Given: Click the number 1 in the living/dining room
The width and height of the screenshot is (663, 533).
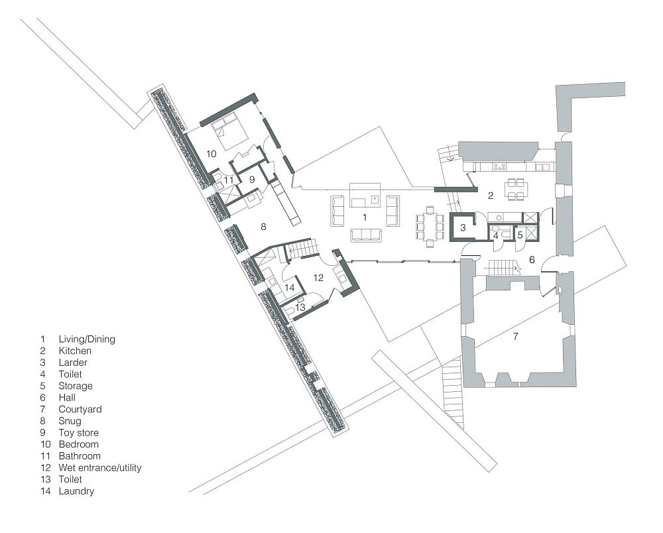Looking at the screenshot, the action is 365,217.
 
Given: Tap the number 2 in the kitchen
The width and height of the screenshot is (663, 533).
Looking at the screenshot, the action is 491,196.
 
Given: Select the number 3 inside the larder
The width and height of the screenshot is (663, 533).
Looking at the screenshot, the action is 463,228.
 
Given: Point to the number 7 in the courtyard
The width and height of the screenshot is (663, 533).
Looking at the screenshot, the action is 515,337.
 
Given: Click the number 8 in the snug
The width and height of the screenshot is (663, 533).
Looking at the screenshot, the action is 263,227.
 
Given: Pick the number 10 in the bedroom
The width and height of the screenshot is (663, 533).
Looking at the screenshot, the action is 211,154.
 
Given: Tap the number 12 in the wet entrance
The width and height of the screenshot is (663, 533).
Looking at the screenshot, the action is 318,278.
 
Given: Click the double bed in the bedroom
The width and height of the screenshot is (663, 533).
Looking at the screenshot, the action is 229,131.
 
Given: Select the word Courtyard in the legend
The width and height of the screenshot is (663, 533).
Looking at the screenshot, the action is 80,409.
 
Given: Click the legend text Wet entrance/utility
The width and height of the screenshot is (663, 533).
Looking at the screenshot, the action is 100,467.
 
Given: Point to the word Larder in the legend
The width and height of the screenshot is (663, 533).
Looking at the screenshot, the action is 73,362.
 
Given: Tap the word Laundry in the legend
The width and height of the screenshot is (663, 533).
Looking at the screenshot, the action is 76,491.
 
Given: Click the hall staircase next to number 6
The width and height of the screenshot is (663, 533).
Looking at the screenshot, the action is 503,268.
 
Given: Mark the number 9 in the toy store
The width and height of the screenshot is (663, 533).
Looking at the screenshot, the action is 252,180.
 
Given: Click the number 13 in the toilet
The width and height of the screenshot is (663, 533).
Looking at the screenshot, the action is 300,308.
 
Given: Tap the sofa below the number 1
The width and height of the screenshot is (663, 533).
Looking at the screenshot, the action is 366,235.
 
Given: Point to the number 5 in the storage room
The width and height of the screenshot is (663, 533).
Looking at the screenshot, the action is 520,235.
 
